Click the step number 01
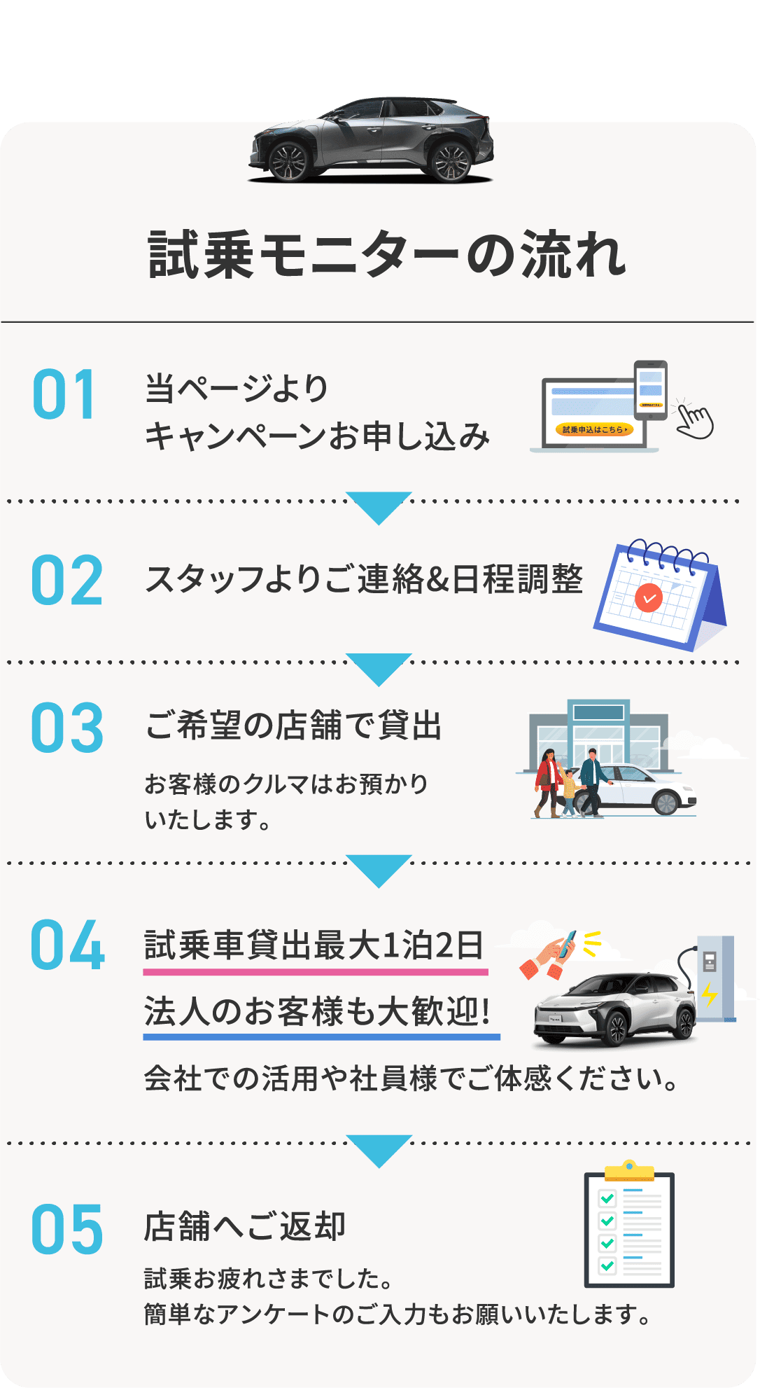pos(64,394)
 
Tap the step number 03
pos(67,728)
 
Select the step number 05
pos(67,1230)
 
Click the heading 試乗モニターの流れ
pos(387,255)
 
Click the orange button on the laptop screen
pos(594,429)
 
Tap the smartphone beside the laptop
pos(650,389)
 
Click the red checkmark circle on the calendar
pos(649,598)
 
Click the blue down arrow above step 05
pos(379,1150)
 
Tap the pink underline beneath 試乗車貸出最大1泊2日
pos(316,972)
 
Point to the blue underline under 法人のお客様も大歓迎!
pos(321,1036)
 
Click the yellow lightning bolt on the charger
pos(710,993)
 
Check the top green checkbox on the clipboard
pos(607,1198)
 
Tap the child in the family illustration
pos(569,793)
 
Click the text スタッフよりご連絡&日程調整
pos(364,579)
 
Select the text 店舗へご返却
pos(245,1226)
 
